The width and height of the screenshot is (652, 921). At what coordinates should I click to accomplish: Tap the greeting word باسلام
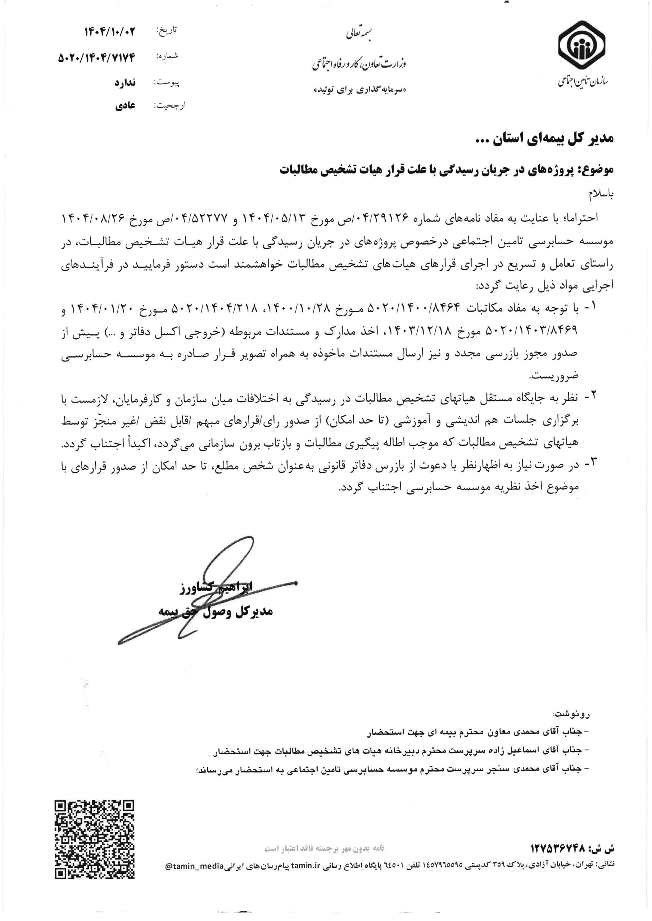pyautogui.click(x=601, y=194)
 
